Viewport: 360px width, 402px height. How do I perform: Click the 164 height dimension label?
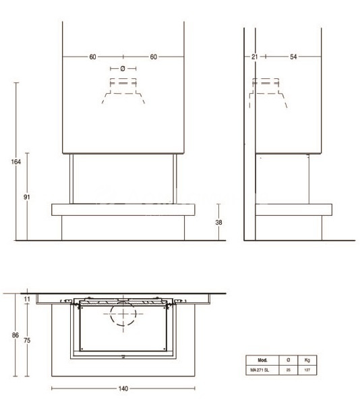(x=16, y=162)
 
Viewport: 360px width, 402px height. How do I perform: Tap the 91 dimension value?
(x=27, y=197)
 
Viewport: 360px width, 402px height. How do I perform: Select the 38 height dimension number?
(x=218, y=223)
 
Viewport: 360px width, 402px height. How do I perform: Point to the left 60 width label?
(x=93, y=57)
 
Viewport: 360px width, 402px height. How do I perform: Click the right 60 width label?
(x=154, y=57)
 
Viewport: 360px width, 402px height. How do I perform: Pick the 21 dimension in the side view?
(x=254, y=57)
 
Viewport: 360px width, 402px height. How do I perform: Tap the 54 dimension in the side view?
(x=293, y=57)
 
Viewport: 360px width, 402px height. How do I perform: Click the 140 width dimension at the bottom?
(x=123, y=389)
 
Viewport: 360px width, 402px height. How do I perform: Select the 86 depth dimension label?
(x=16, y=335)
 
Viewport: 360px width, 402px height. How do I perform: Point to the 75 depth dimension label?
(x=27, y=340)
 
